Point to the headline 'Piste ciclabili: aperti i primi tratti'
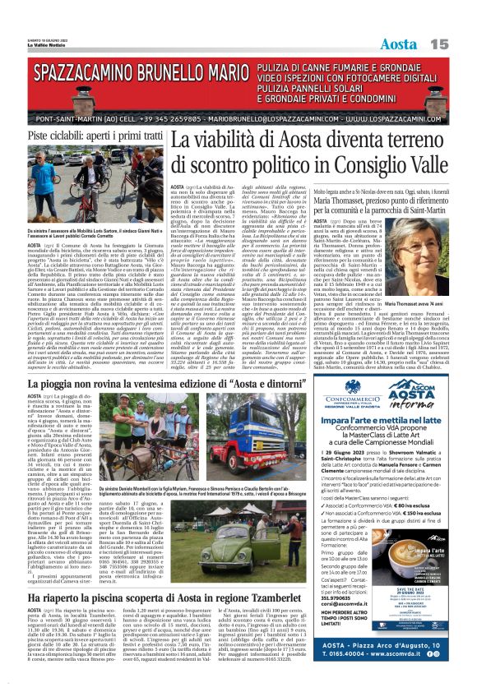tap(95, 136)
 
